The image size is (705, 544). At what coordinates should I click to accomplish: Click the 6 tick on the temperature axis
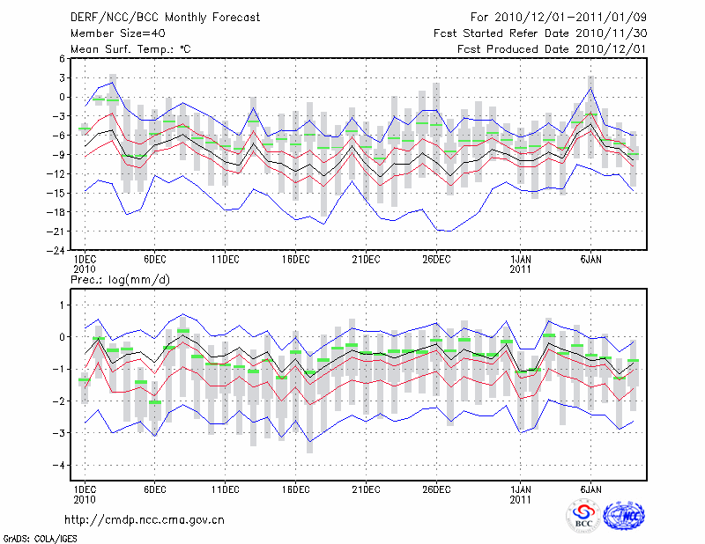(x=63, y=58)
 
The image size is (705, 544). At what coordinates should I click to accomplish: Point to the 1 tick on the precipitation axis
(x=63, y=305)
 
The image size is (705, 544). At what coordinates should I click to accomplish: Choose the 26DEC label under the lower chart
(x=436, y=488)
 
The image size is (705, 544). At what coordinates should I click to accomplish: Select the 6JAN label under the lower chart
(x=591, y=488)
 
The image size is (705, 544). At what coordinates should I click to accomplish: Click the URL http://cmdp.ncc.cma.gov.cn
(x=145, y=519)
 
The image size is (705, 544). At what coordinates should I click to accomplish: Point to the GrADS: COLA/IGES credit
(x=33, y=537)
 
